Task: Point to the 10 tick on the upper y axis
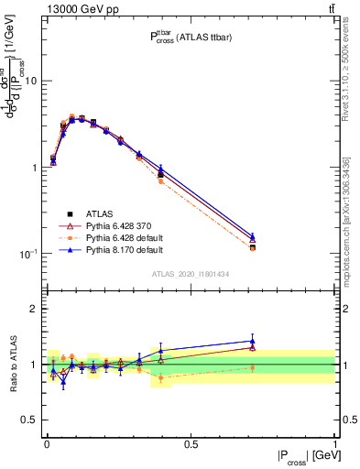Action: [x=34, y=82]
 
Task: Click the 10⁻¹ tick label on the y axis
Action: [x=30, y=254]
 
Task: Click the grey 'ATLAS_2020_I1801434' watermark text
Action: [x=191, y=274]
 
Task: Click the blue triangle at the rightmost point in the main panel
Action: [x=253, y=235]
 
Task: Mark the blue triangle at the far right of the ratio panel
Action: [x=253, y=341]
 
